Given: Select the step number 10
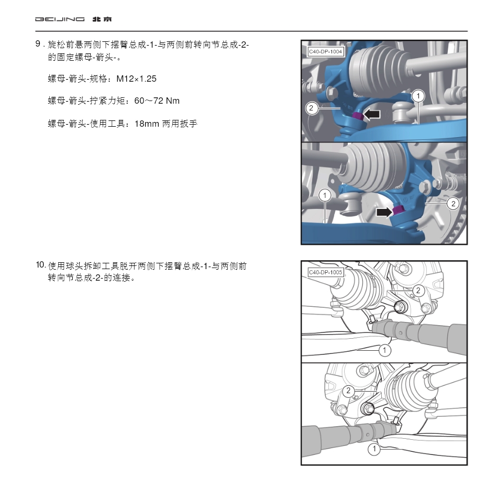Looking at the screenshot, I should [x=40, y=265].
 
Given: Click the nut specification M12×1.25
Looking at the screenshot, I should [x=136, y=79].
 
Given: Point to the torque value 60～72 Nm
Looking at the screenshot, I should [x=157, y=101].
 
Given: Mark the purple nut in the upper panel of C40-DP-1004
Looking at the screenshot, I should [x=357, y=116].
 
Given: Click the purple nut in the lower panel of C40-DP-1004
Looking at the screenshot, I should [x=399, y=211].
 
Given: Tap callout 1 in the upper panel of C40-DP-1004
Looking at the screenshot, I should [x=417, y=96].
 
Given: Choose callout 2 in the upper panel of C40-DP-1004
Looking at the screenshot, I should [x=311, y=108].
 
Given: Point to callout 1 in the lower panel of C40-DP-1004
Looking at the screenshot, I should [x=325, y=195].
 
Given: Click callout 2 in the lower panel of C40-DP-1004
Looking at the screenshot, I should [x=452, y=203].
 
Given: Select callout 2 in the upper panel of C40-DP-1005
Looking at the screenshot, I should [x=417, y=290].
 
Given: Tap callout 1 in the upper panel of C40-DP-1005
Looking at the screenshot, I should [x=385, y=350].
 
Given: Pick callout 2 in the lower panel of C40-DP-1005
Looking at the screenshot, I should [x=349, y=391].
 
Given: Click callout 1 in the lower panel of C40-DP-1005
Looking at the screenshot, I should [x=373, y=449].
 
